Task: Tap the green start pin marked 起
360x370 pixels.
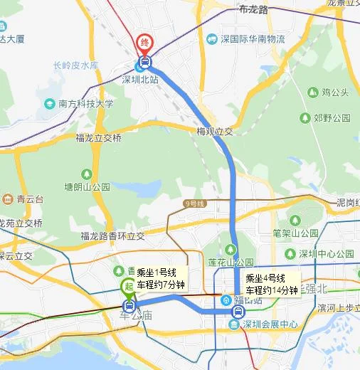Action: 128,286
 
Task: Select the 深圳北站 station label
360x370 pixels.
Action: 140,79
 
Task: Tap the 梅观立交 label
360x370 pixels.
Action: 215,131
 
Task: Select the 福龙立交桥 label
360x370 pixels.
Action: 98,138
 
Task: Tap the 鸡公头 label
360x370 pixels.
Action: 334,92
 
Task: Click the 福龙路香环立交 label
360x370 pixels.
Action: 112,236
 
